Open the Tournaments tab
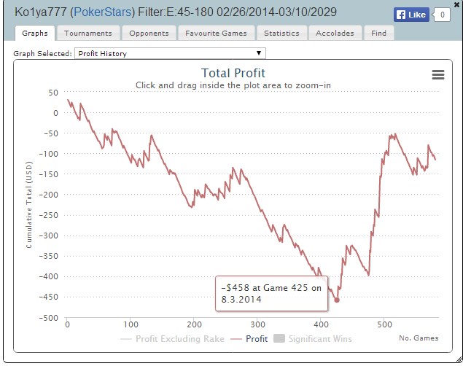click(87, 33)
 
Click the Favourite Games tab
click(216, 33)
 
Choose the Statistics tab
click(281, 33)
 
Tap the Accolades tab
click(335, 33)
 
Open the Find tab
click(378, 33)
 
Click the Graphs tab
click(35, 33)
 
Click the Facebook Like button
click(411, 14)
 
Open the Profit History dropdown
click(170, 53)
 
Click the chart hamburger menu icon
click(437, 75)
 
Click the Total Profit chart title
click(233, 73)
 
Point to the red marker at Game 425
click(337, 300)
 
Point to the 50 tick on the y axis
click(52, 93)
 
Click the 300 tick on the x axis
click(257, 324)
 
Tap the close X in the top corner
click(457, 4)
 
